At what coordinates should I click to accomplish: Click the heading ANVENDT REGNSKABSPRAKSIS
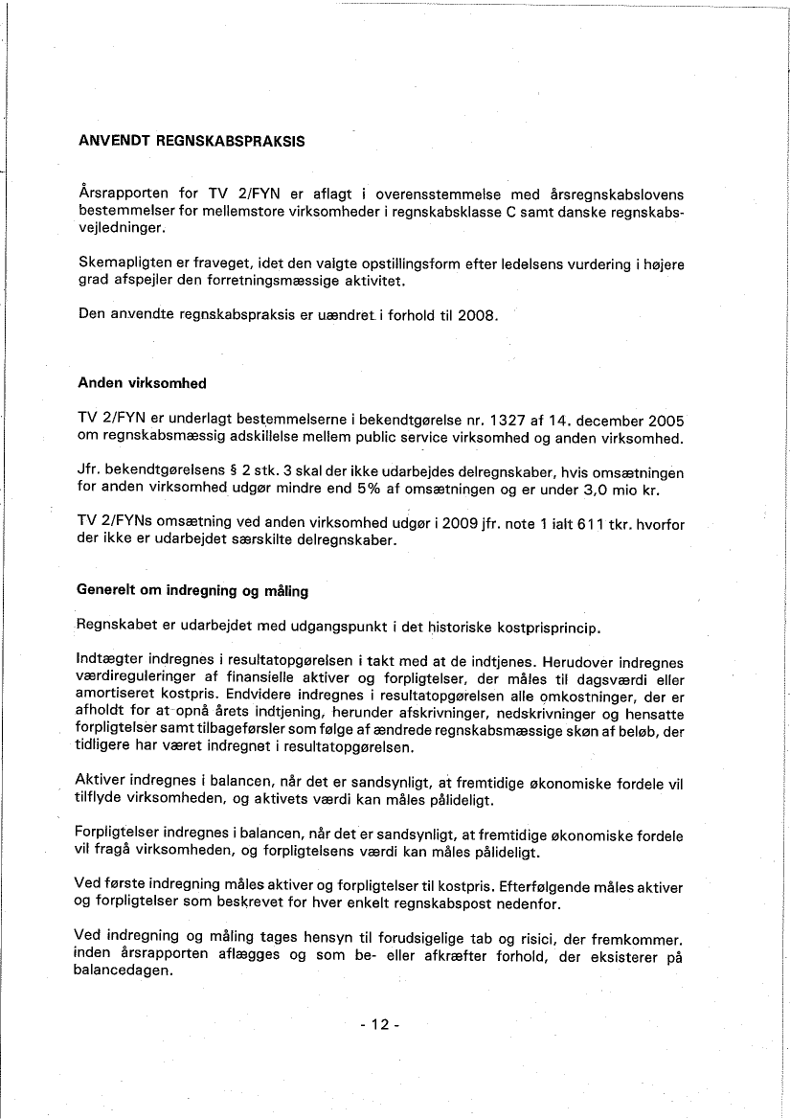tap(191, 141)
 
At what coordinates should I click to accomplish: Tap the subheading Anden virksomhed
tap(142, 383)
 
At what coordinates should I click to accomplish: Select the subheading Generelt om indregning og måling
tap(192, 590)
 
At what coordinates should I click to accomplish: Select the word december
tap(607, 420)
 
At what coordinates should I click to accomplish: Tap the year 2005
tap(666, 420)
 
